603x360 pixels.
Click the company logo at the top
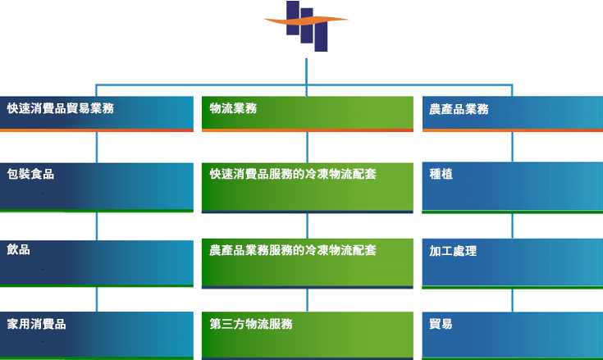(307, 25)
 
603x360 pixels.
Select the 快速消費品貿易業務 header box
(97, 114)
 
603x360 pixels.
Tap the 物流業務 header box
(308, 114)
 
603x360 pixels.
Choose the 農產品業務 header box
(513, 114)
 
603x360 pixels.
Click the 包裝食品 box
(97, 188)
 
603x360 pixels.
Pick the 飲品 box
(97, 263)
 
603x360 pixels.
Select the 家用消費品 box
(97, 335)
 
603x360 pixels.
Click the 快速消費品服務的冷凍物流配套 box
(308, 188)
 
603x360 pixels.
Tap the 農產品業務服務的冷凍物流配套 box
(308, 263)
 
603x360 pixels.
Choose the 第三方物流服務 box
(308, 335)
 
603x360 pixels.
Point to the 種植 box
(513, 188)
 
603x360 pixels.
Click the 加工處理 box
(513, 263)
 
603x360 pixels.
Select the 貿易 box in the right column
(513, 335)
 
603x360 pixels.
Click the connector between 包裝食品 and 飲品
(97, 226)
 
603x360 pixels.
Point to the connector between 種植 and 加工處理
(512, 226)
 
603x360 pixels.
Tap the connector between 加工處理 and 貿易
(512, 300)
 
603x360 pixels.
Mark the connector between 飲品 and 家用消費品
(97, 299)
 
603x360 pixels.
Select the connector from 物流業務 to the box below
(308, 147)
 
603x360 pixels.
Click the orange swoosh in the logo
(307, 21)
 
